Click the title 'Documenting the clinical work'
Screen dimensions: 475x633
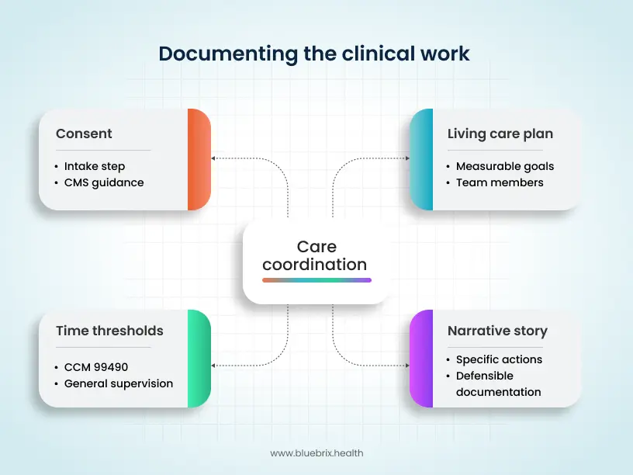(314, 54)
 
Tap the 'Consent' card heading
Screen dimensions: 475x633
(84, 133)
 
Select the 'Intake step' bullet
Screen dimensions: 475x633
(94, 166)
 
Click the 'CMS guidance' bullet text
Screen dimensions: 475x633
(103, 182)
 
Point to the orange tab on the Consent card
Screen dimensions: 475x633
(199, 159)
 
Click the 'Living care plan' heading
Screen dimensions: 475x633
(500, 133)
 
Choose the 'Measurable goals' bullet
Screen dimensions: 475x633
(504, 166)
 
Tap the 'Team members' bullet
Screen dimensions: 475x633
(499, 182)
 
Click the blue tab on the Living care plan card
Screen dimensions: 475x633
(421, 159)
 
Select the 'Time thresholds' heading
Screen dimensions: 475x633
(109, 331)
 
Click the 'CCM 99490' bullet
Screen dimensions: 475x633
(95, 367)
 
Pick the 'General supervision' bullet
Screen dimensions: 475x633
(118, 383)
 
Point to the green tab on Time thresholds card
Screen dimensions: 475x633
(199, 359)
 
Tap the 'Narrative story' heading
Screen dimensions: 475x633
(497, 331)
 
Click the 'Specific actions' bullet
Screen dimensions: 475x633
(499, 359)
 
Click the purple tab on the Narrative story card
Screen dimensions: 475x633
(421, 359)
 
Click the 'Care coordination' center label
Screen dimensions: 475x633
(315, 255)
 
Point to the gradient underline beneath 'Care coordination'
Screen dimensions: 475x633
(316, 280)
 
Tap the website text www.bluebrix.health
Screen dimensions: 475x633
(316, 452)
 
